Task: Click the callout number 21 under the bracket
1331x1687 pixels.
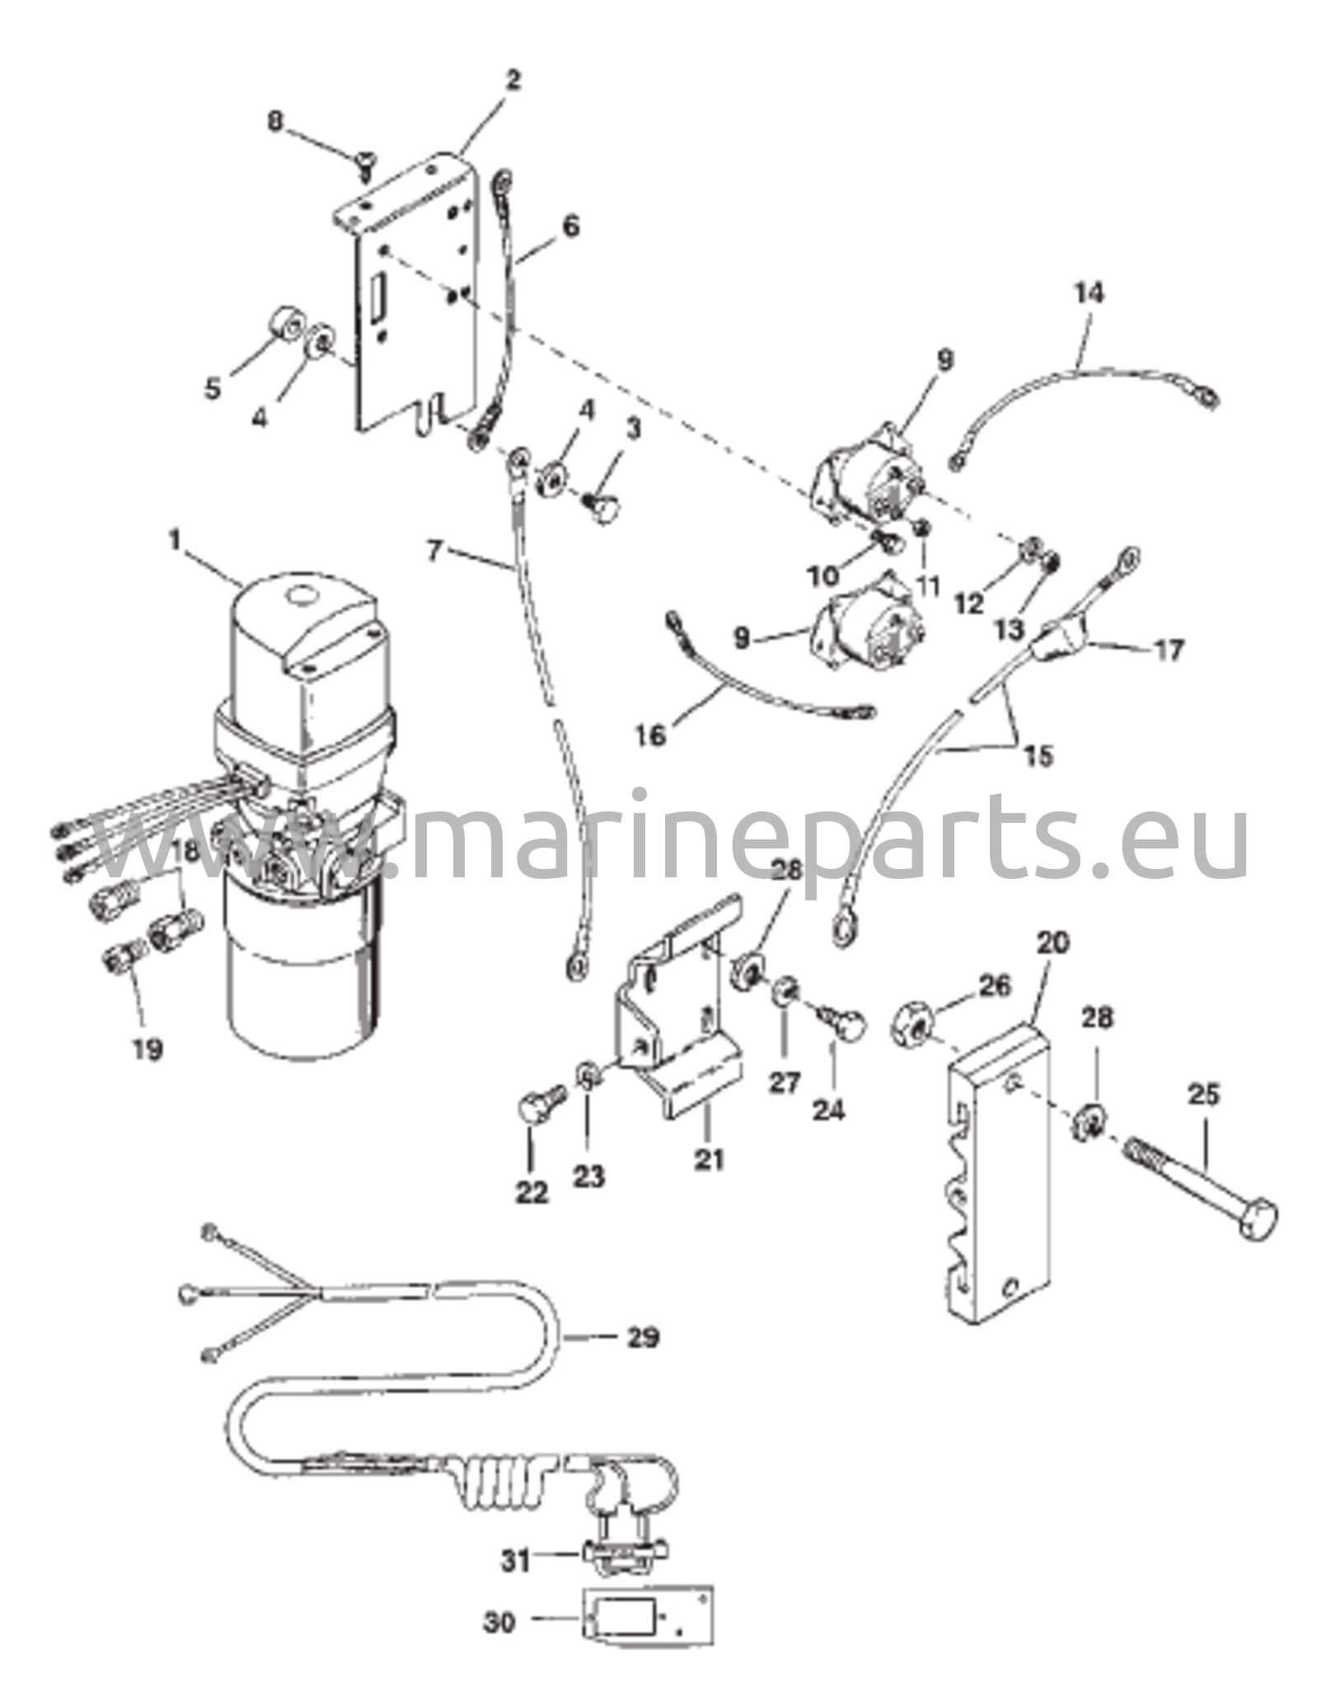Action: coord(708,1160)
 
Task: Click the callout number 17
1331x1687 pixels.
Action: coord(1169,650)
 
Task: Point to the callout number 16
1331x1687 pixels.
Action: coord(650,735)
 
